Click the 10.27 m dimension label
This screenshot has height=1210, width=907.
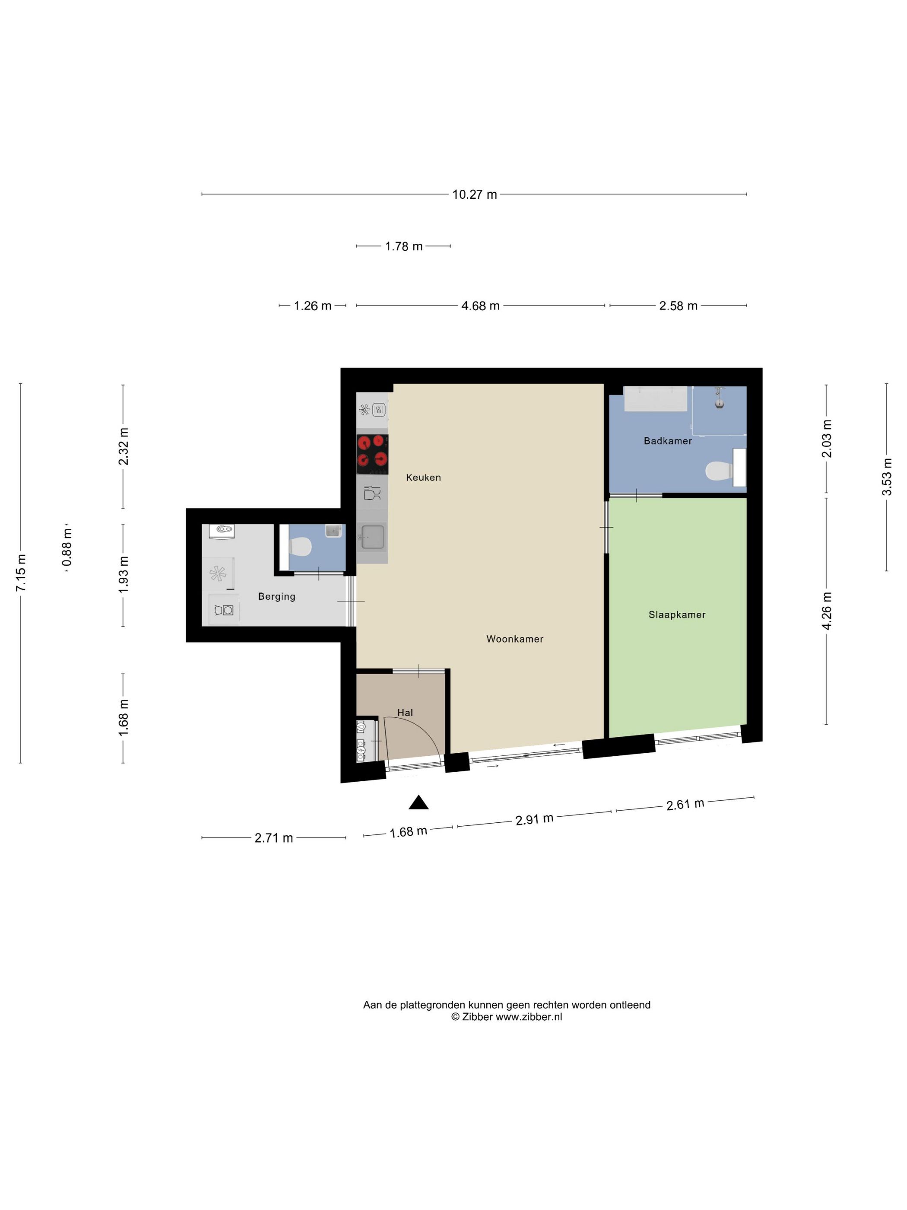coord(474,194)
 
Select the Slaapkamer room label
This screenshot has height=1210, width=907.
coord(677,615)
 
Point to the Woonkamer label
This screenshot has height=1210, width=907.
coord(514,638)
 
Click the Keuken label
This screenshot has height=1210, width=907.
coord(423,477)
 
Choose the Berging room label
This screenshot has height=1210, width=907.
coord(277,596)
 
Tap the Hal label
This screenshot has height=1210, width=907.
coord(405,712)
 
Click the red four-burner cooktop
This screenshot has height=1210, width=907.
coord(372,454)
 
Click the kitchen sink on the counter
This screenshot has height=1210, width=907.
coord(372,537)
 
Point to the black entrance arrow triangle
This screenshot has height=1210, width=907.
coord(418,802)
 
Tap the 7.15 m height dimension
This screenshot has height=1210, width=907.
coord(20,573)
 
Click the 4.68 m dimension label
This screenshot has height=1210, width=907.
coord(480,306)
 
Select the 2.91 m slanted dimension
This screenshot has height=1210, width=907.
coord(534,819)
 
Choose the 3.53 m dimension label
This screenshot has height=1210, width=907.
coord(886,477)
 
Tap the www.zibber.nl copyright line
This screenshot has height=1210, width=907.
coord(506,1017)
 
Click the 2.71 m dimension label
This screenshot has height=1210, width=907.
coord(273,837)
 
